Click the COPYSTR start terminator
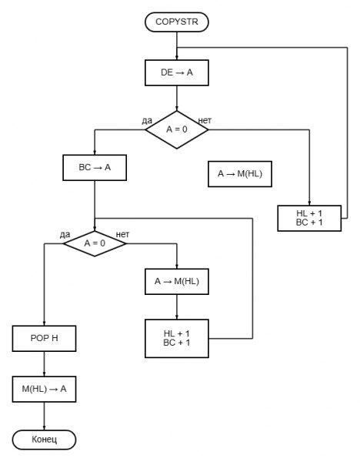pyautogui.click(x=177, y=22)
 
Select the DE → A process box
pyautogui.click(x=177, y=73)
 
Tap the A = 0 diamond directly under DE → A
pyautogui.click(x=177, y=129)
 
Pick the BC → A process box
pyautogui.click(x=95, y=168)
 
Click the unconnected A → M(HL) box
pyautogui.click(x=240, y=174)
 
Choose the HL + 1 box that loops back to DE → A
pyautogui.click(x=309, y=219)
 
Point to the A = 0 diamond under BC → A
pyautogui.click(x=95, y=243)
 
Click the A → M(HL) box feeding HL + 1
pyautogui.click(x=177, y=281)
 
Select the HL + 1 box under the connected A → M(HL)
pyautogui.click(x=177, y=339)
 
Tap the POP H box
pyautogui.click(x=44, y=338)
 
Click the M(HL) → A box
pyautogui.click(x=44, y=389)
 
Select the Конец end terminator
pyautogui.click(x=44, y=440)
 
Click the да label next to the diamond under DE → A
pyautogui.click(x=147, y=121)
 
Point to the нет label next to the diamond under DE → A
pyautogui.click(x=205, y=120)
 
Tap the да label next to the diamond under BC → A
pyautogui.click(x=65, y=235)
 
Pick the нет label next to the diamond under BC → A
pyautogui.click(x=122, y=234)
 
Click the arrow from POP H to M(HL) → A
pyautogui.click(x=44, y=364)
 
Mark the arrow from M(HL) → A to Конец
pyautogui.click(x=44, y=416)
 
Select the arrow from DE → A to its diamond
pyautogui.click(x=177, y=99)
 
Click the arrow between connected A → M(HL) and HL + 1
pyautogui.click(x=177, y=307)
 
